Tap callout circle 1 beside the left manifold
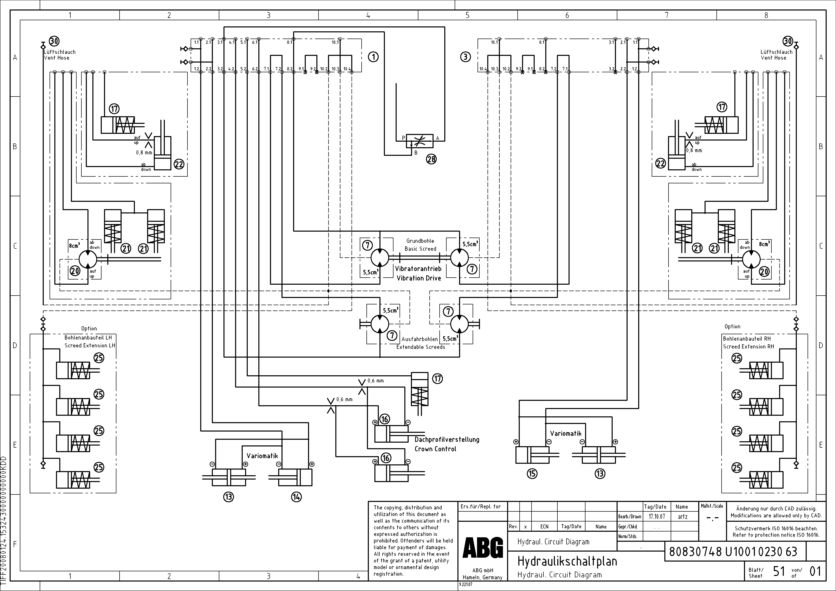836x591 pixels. tap(373, 57)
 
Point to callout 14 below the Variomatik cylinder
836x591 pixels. tap(296, 497)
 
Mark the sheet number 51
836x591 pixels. tap(779, 571)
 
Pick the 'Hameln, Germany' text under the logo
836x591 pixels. tap(482, 577)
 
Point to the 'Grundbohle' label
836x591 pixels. tap(420, 241)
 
